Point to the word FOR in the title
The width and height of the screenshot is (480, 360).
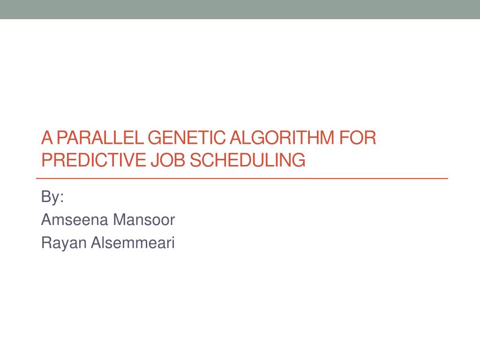[x=360, y=139]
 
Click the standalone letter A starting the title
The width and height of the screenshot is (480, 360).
[x=46, y=139]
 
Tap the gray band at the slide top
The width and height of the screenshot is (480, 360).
[x=240, y=9]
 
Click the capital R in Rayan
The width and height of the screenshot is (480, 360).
[x=46, y=243]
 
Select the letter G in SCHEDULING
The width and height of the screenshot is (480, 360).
[x=299, y=160]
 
